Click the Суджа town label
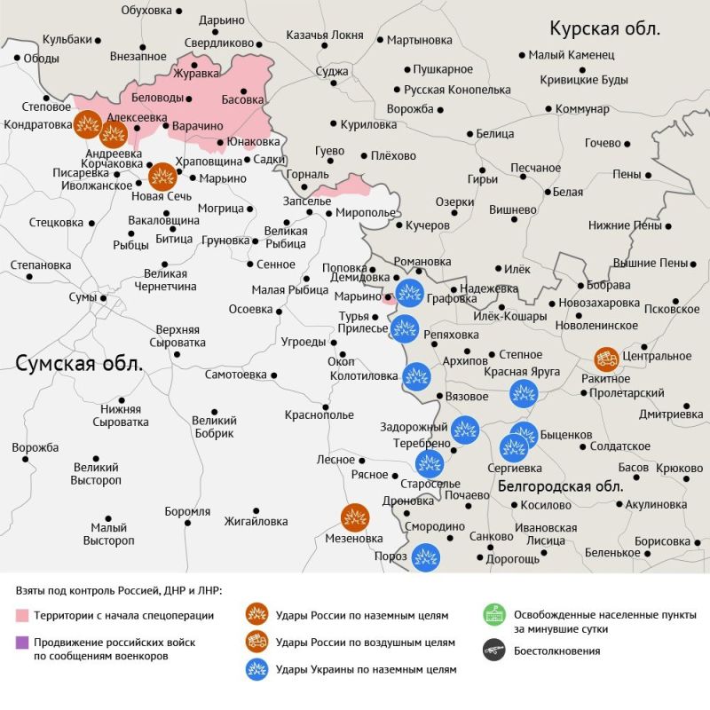[x=332, y=70]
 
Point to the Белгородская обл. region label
[x=560, y=485]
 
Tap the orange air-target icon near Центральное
[x=608, y=359]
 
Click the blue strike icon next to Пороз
[x=426, y=557]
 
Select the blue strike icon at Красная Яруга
[x=524, y=392]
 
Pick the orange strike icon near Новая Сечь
[x=162, y=177]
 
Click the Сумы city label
[x=82, y=296]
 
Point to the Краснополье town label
[x=319, y=414]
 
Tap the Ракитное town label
[x=607, y=379]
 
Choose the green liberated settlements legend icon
[x=494, y=614]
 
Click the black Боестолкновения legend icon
[x=494, y=651]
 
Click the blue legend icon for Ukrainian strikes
[x=258, y=669]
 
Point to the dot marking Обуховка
[x=180, y=11]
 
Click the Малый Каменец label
[x=571, y=55]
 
